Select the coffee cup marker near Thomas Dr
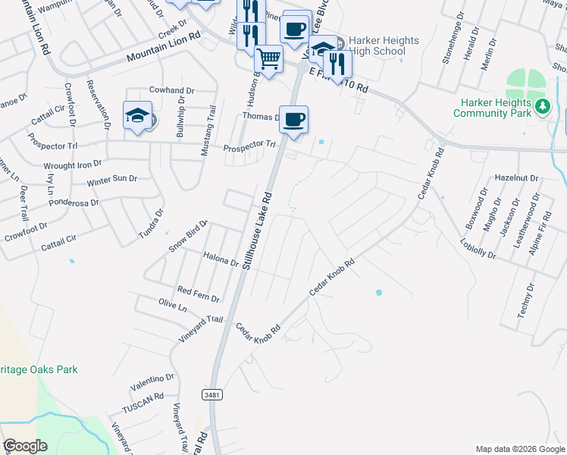pos(293,119)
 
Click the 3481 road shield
pos(213,395)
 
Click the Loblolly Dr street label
pos(478,249)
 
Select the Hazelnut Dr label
pos(515,177)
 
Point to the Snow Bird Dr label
pos(188,236)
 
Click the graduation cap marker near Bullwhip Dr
pos(137,115)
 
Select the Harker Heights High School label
pos(382,45)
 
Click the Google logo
pos(25,446)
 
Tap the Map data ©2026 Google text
pos(519,449)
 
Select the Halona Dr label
pos(221,259)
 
